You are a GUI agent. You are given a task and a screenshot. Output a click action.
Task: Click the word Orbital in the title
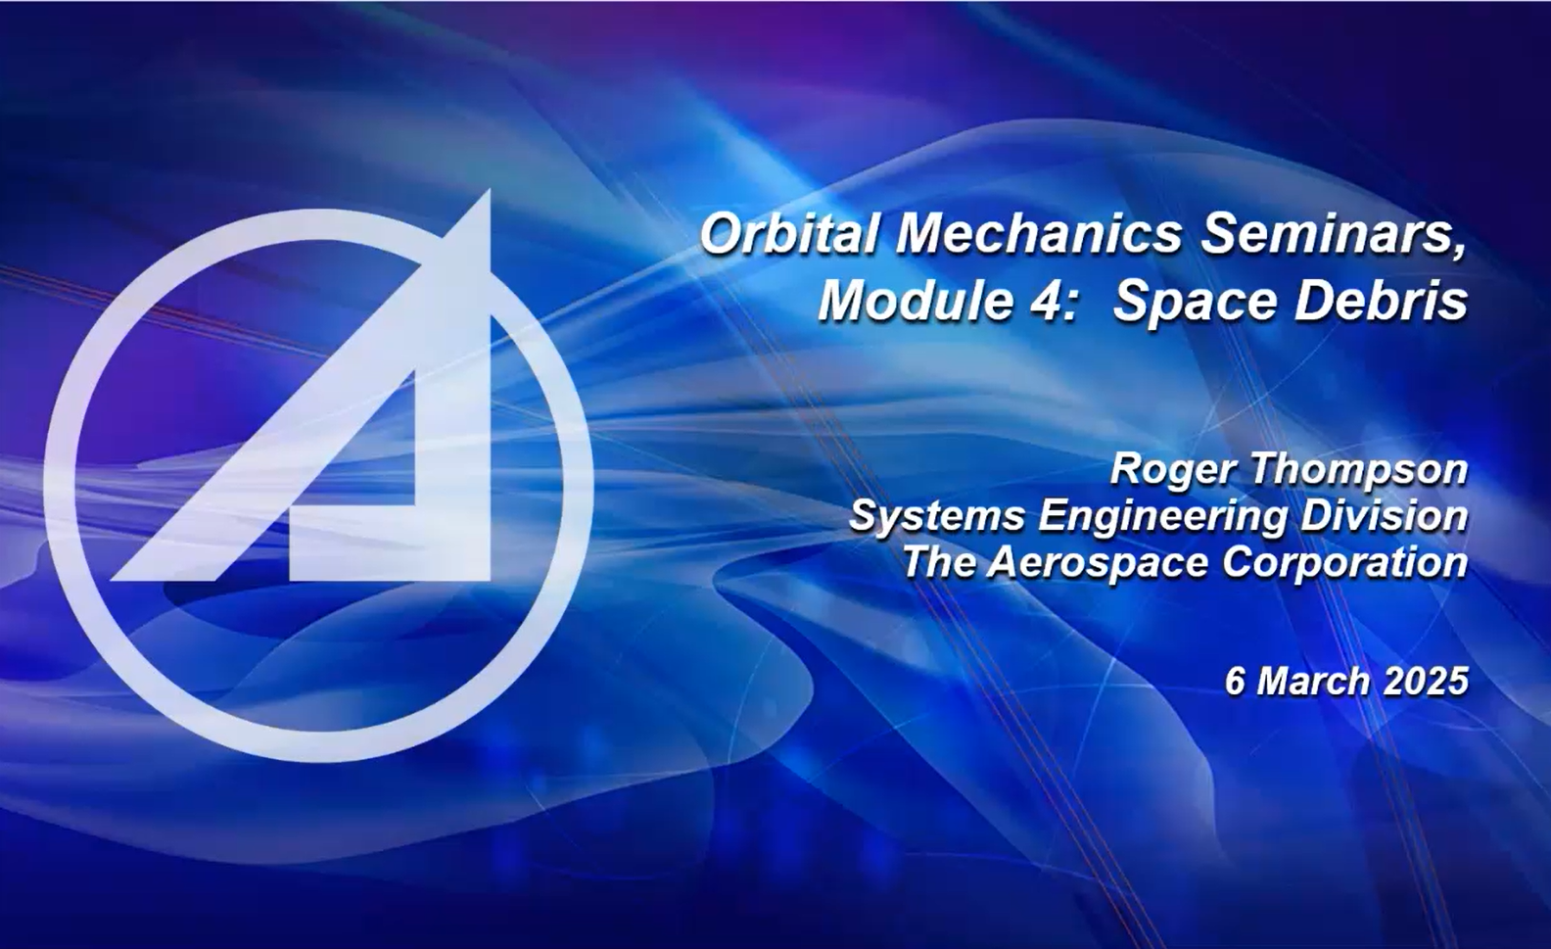click(x=789, y=235)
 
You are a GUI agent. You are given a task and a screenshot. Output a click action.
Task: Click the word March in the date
click(x=1312, y=681)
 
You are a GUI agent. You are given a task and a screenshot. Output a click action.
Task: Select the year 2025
click(x=1427, y=681)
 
